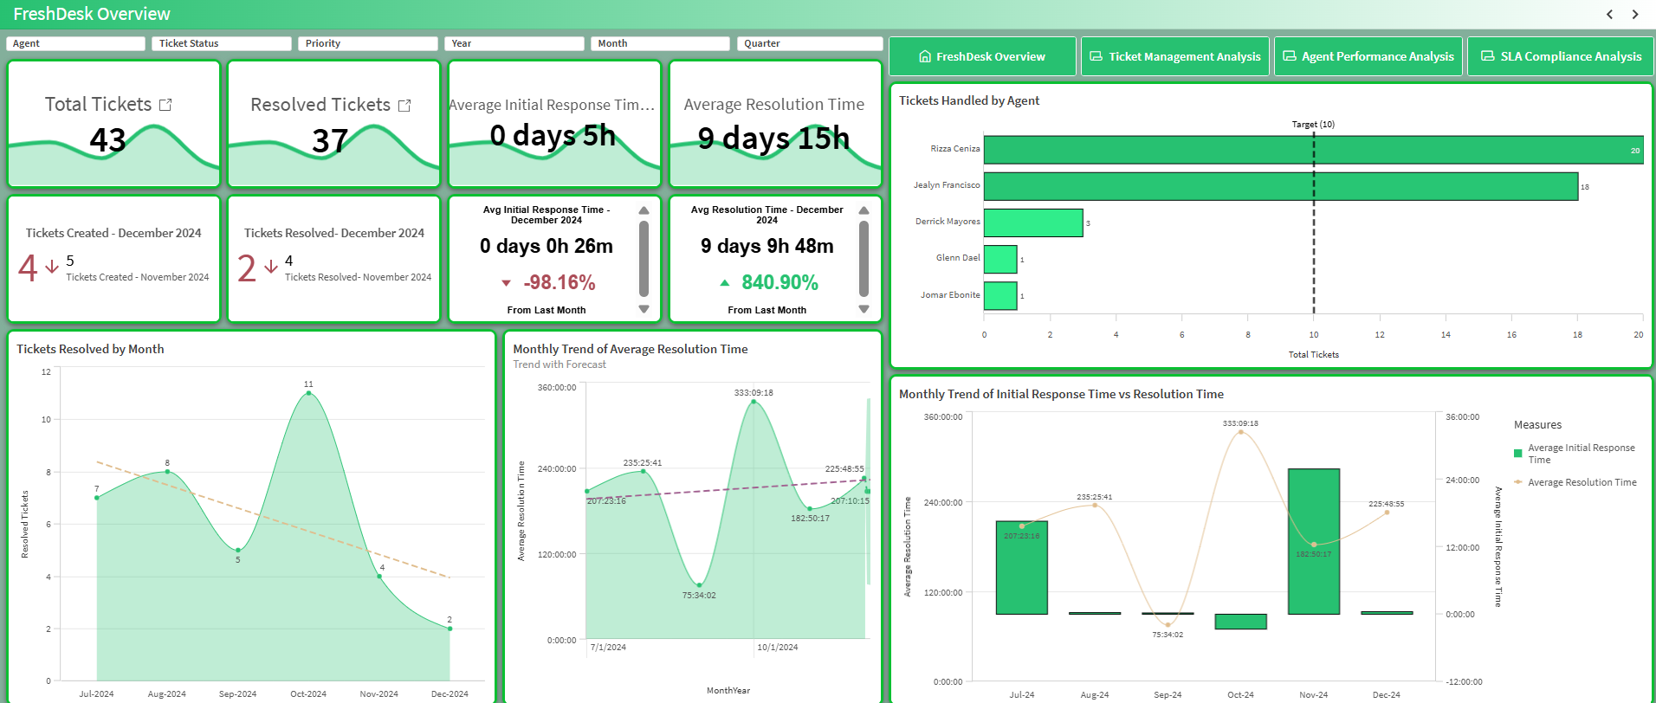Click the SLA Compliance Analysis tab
click(1561, 56)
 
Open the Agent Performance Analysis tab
click(1368, 56)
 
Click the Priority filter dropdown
click(367, 43)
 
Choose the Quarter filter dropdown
click(809, 43)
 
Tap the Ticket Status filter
click(221, 43)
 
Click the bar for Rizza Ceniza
click(1312, 150)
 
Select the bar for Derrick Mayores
click(1032, 223)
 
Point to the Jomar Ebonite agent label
click(950, 295)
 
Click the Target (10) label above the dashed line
click(1313, 125)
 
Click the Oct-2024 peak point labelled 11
click(308, 393)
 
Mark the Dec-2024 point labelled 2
click(450, 629)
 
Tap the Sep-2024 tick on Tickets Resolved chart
click(237, 693)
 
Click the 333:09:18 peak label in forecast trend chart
click(754, 392)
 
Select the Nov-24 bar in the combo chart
click(1313, 541)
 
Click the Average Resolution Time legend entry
click(1582, 482)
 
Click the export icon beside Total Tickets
click(165, 105)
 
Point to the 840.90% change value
click(779, 282)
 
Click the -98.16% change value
click(559, 282)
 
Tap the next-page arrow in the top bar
click(1635, 14)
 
